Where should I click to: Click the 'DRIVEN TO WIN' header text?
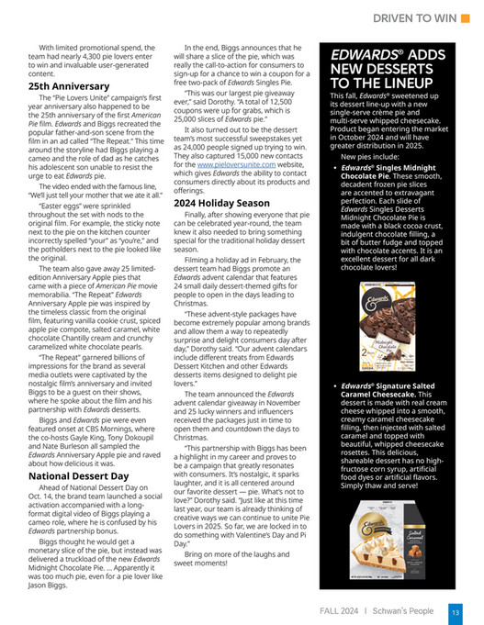coord(408,18)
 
